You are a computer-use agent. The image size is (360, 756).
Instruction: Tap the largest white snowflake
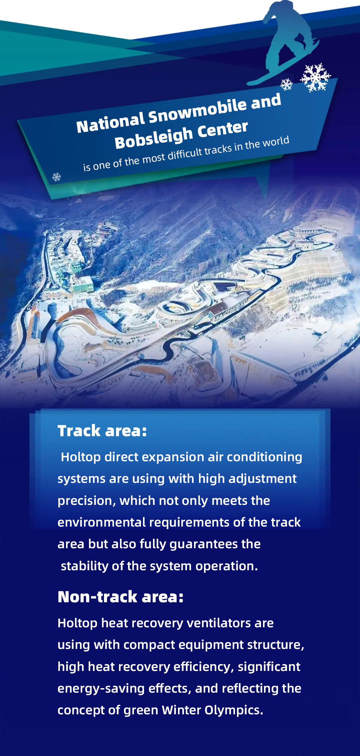(315, 77)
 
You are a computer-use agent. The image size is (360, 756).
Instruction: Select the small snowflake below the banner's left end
(57, 177)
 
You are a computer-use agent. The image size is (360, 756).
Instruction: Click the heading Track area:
(102, 431)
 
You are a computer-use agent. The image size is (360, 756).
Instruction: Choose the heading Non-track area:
(120, 597)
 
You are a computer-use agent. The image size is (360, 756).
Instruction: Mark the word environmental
(102, 522)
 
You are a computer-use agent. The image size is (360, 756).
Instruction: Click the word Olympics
(234, 710)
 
